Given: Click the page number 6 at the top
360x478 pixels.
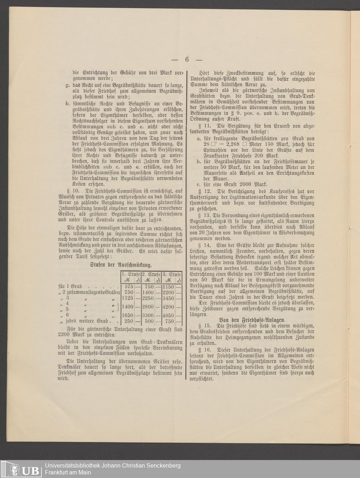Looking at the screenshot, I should click(x=187, y=60).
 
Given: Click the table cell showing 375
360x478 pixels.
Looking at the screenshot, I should click(x=129, y=287).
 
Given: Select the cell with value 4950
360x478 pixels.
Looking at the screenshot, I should click(x=168, y=315).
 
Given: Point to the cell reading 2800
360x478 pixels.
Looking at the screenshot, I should click(x=149, y=307).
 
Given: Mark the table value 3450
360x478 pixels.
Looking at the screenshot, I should click(x=168, y=298).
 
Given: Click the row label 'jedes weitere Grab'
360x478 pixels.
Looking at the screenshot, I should click(x=86, y=321).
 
